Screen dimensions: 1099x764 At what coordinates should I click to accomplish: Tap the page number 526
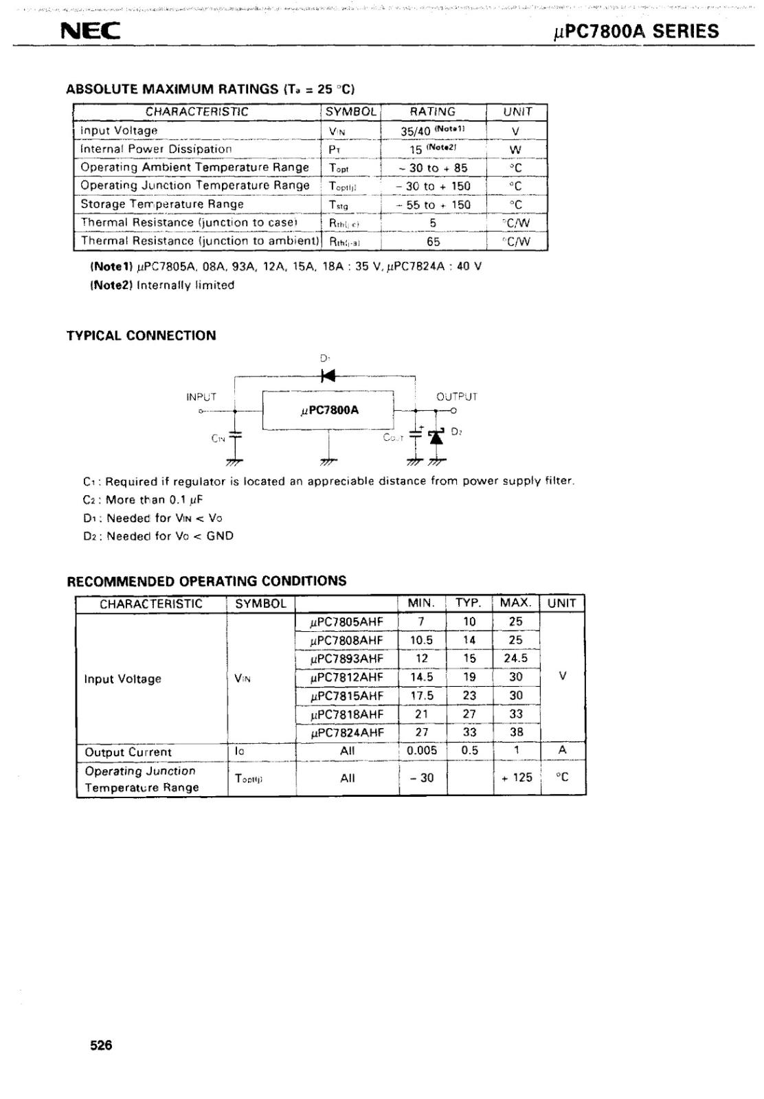101,1045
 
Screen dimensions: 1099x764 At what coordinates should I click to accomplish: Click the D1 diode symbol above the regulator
328,376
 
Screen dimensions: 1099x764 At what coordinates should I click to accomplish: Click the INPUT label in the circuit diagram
201,396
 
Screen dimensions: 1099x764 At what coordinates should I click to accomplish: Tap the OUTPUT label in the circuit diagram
456,396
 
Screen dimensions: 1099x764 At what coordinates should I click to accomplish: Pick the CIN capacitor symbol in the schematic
235,435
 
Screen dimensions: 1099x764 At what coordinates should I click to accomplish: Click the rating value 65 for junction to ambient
433,241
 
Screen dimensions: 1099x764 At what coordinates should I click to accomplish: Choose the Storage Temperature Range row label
162,204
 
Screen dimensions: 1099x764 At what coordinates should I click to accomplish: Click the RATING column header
433,112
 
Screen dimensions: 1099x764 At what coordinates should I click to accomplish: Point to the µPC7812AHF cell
347,677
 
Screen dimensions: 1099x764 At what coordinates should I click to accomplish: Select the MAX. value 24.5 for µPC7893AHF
515,658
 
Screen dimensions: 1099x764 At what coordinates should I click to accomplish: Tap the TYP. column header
469,603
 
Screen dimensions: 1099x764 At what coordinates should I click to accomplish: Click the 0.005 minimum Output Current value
422,751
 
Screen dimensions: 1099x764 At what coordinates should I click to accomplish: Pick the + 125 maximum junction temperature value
516,778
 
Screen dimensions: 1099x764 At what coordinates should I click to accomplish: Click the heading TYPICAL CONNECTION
141,336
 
